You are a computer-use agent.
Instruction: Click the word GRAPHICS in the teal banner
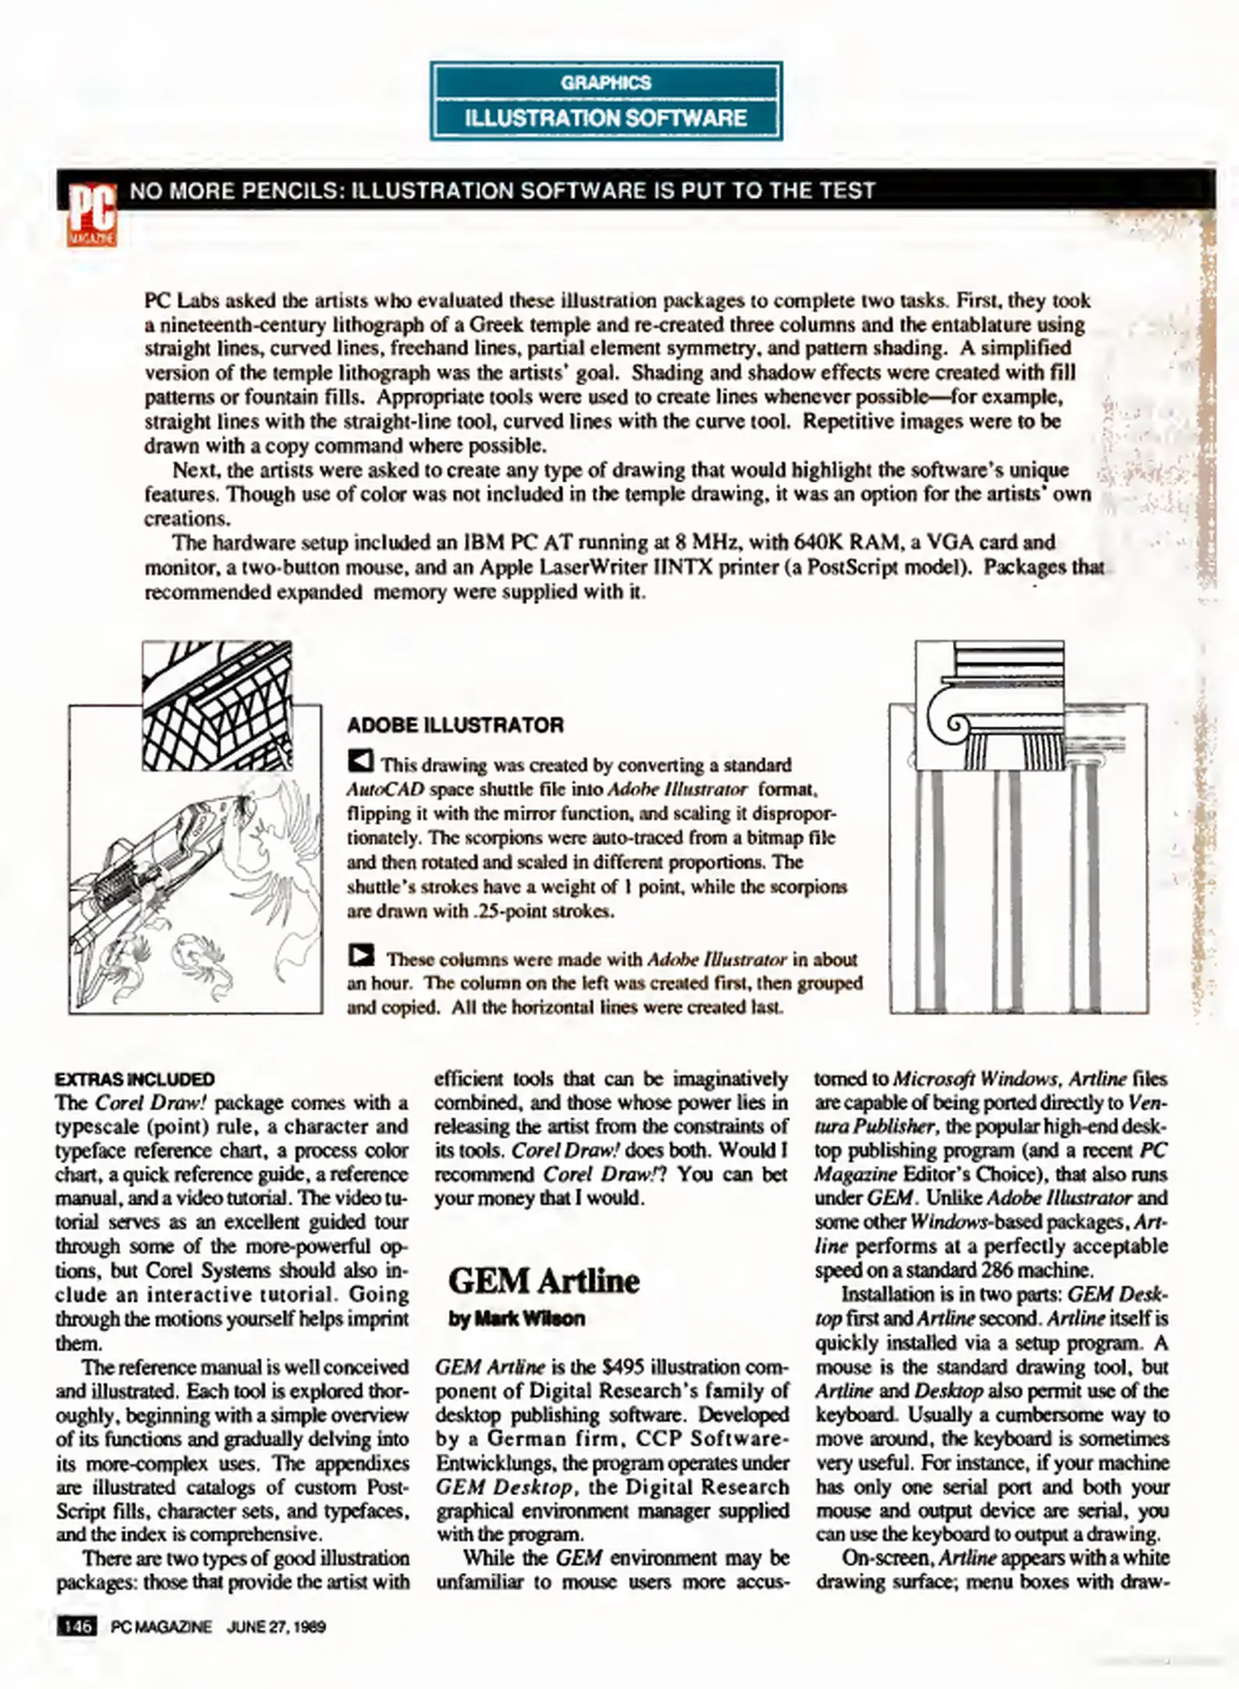pyautogui.click(x=606, y=83)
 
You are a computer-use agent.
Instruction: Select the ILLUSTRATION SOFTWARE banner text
pyautogui.click(x=606, y=118)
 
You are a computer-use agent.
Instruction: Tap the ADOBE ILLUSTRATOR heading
pyautogui.click(x=455, y=725)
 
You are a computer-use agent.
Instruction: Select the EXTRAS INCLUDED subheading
pyautogui.click(x=134, y=1079)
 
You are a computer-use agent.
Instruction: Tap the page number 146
pyautogui.click(x=77, y=1627)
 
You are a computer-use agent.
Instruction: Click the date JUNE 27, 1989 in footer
pyautogui.click(x=276, y=1627)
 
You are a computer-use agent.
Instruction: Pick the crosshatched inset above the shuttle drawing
pyautogui.click(x=217, y=705)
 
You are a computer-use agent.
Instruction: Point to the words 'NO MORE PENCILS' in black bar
pyautogui.click(x=232, y=191)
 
